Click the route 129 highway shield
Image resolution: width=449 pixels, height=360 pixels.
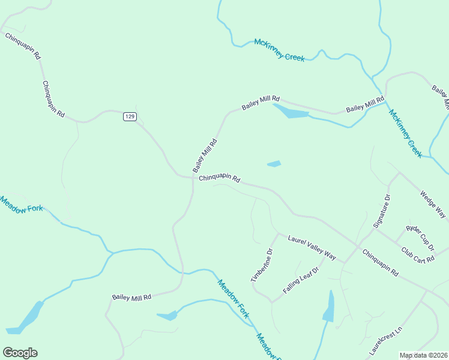point(130,116)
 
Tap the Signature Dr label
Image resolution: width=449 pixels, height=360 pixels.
point(382,211)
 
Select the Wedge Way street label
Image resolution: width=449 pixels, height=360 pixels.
point(433,205)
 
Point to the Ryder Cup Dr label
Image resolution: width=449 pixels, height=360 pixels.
point(420,238)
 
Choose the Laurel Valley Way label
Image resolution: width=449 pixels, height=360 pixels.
point(312,247)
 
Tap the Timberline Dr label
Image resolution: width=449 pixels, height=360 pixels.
point(262,265)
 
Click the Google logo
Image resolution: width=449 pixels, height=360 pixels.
point(20,353)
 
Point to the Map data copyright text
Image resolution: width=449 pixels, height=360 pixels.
point(424,355)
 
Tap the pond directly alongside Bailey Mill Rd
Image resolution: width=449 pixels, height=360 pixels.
point(291,112)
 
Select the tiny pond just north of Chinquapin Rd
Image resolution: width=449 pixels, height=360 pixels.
point(274,163)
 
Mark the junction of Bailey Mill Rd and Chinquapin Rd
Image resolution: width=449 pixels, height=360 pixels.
point(193,178)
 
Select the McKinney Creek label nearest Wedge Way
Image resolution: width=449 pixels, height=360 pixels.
point(406,133)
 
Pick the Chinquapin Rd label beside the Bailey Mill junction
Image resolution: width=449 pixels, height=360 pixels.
point(220,178)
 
